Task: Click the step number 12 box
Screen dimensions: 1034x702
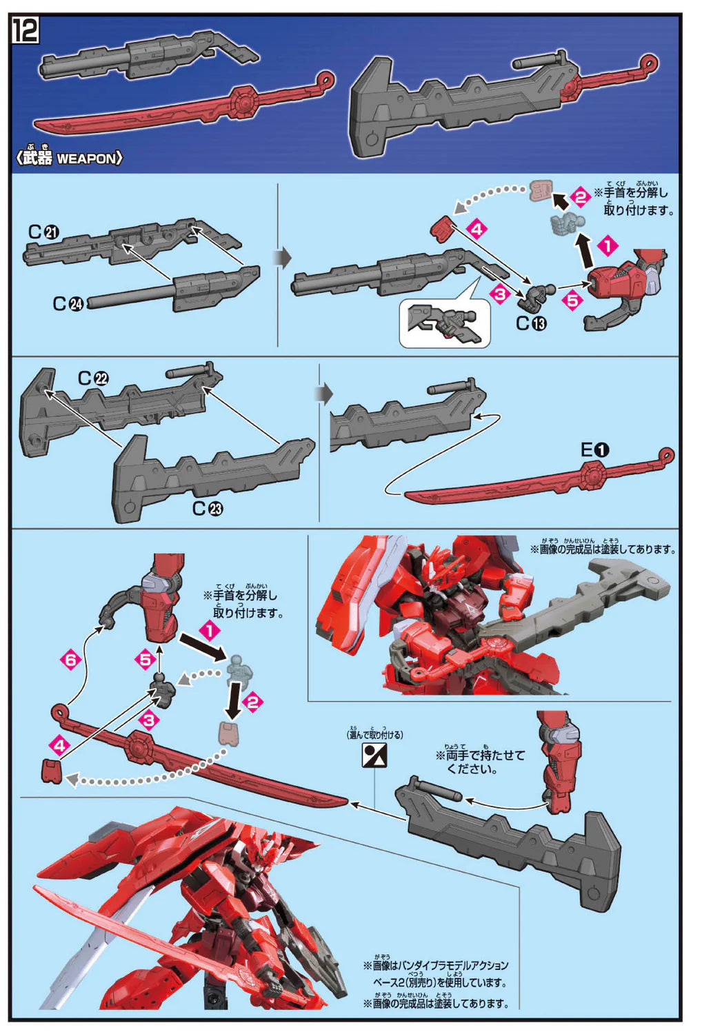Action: coord(26,30)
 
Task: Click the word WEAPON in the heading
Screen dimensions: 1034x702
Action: coord(86,159)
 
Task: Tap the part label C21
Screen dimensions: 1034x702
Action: coord(43,232)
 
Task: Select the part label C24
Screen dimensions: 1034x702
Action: coord(68,303)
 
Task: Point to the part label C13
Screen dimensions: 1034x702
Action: coord(531,323)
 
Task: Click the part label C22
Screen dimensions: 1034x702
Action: coord(93,378)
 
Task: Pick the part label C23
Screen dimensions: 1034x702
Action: coord(208,509)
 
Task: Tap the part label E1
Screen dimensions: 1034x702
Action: coord(594,450)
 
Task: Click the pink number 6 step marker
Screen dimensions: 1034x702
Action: coord(70,660)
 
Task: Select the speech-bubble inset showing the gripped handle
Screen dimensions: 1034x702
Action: coord(445,323)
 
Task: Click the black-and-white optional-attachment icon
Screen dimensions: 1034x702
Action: coord(374,756)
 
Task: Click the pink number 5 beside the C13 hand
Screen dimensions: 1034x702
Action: coord(572,301)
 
